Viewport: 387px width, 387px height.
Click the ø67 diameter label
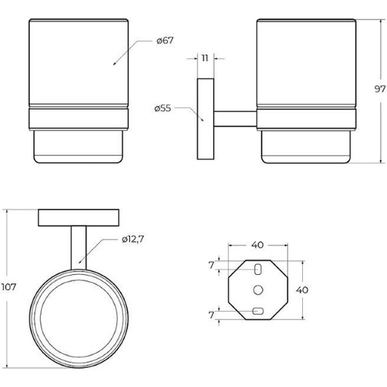(165, 41)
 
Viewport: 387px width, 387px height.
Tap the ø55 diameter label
(163, 108)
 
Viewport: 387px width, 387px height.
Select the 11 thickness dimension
(205, 58)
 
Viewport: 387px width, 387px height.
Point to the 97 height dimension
(380, 89)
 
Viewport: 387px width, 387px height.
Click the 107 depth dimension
(9, 287)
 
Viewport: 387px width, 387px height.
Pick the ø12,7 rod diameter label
(133, 239)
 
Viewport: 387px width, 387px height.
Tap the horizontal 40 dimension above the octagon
(258, 245)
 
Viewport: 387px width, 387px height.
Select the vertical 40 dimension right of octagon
(302, 290)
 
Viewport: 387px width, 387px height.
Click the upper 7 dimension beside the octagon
(211, 266)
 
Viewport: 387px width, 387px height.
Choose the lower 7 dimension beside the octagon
(211, 315)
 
